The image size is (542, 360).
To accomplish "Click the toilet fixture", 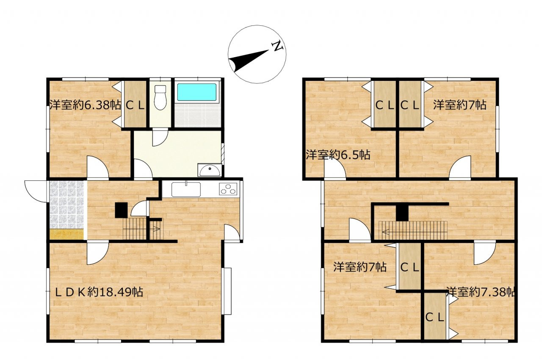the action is click(x=160, y=97).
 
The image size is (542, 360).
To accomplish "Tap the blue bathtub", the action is click(x=197, y=92).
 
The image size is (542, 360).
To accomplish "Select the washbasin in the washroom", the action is click(x=210, y=170).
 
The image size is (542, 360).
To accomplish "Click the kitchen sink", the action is click(x=186, y=189).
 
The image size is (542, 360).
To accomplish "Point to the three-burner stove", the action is click(x=228, y=189).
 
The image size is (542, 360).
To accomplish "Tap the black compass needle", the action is click(x=249, y=61).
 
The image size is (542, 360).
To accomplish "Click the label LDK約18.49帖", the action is click(x=99, y=292).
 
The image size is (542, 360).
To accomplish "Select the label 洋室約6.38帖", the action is click(x=86, y=105).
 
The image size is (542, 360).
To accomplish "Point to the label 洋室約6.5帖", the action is click(x=338, y=155).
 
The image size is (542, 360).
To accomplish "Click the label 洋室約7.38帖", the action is click(x=481, y=292).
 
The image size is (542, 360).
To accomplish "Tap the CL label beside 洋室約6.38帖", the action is click(x=135, y=105).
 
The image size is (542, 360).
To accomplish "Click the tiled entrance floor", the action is click(x=67, y=205).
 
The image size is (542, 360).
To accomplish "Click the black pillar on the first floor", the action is click(x=121, y=210).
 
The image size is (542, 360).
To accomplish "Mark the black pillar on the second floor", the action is click(x=402, y=213).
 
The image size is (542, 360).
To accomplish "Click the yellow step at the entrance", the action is click(x=67, y=234).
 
